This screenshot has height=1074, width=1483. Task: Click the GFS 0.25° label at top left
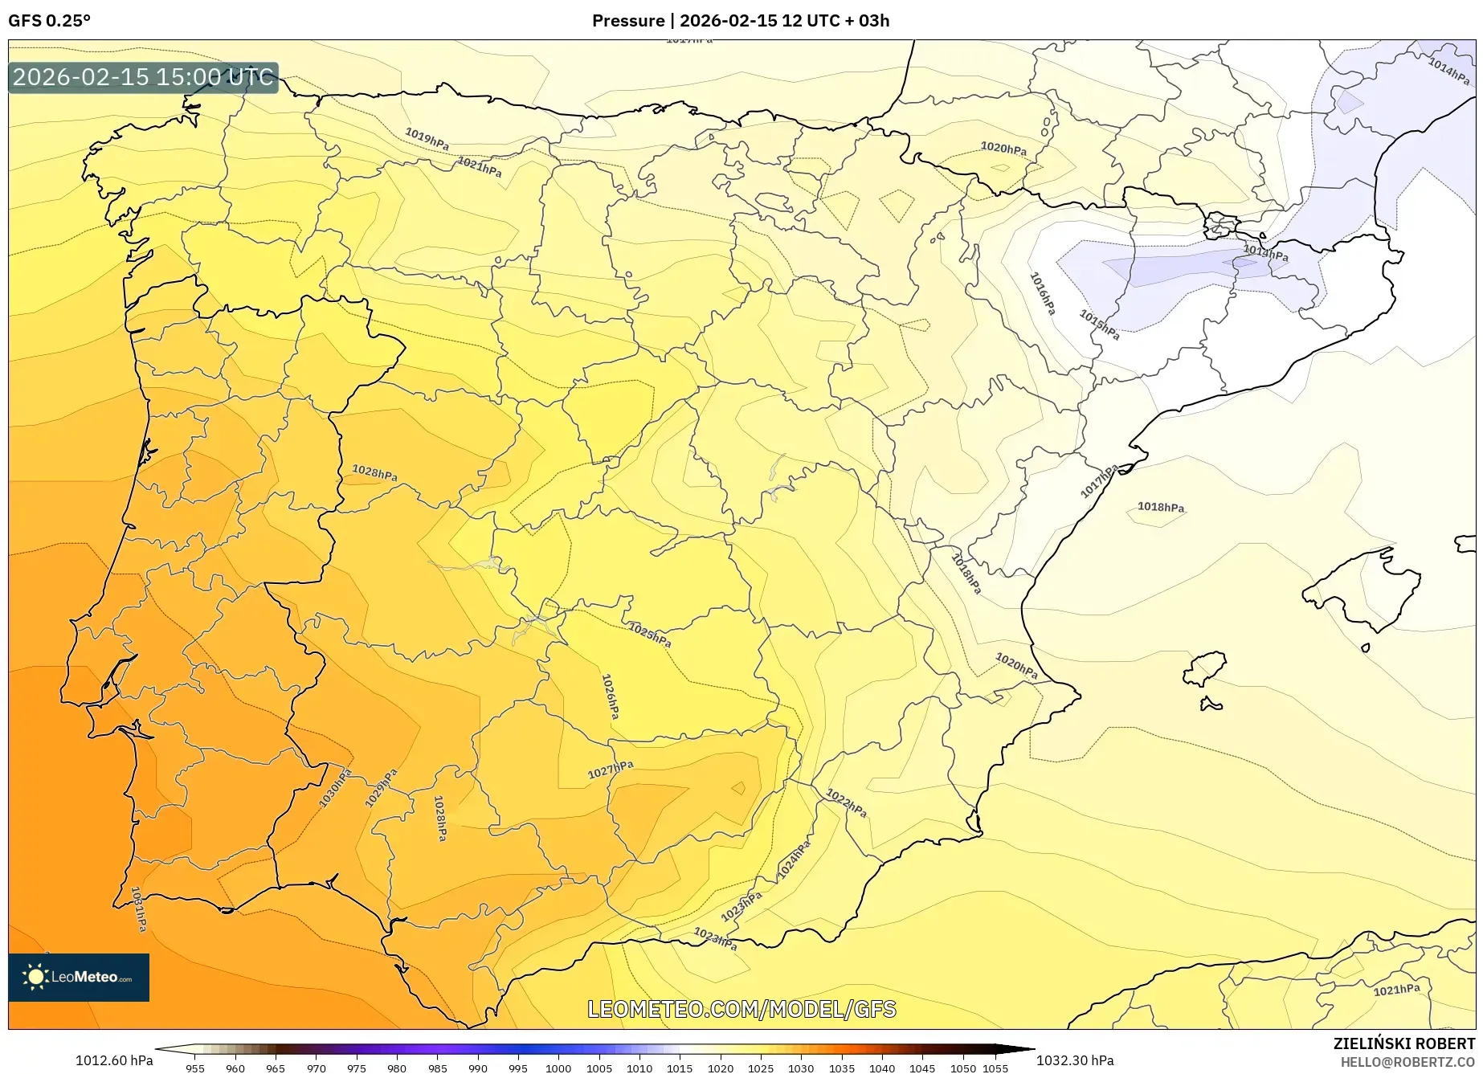pos(49,21)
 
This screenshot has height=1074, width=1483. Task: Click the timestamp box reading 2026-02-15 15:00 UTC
pos(143,77)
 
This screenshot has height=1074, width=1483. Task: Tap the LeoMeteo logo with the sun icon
pos(78,977)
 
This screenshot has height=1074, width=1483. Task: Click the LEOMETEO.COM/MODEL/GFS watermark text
pos(741,1009)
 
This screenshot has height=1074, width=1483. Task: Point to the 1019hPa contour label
pos(427,139)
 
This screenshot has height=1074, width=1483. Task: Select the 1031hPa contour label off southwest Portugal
pos(138,909)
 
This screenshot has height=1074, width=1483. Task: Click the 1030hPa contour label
pos(335,788)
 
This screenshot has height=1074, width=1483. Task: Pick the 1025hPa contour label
pos(650,635)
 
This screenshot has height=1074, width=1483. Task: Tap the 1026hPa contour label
pos(611,696)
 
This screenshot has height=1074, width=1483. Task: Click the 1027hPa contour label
pos(611,770)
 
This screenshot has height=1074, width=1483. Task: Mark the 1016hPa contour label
pos(1043,293)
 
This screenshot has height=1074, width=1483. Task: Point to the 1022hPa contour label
pos(846,802)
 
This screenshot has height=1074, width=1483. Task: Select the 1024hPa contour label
pos(794,860)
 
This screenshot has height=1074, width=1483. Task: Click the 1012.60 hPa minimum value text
pos(114,1060)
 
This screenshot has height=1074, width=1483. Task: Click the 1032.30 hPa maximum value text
pos(1074,1060)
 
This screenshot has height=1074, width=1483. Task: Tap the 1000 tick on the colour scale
pos(558,1068)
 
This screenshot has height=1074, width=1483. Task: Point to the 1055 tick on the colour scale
pos(995,1068)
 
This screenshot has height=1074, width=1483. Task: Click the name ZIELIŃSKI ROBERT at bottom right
pos(1403,1043)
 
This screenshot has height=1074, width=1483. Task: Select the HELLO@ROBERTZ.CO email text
pos(1407,1062)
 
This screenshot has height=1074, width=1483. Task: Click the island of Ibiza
pos(1206,668)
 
